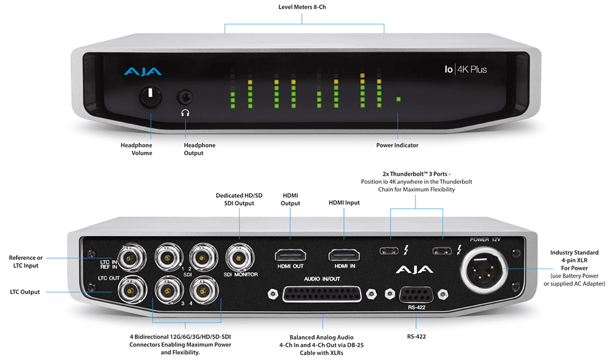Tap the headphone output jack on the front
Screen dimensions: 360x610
coord(184,96)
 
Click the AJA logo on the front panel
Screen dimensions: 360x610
coord(142,72)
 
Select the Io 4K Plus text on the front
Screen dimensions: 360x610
coord(465,70)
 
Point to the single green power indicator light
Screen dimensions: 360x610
coord(398,99)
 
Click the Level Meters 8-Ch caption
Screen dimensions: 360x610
coord(304,7)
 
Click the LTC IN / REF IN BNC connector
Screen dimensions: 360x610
coord(129,259)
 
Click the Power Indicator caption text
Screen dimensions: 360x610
coord(398,145)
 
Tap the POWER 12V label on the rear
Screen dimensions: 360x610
coord(486,239)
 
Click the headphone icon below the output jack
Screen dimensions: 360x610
coord(184,112)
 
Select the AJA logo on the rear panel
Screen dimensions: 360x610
coord(415,270)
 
